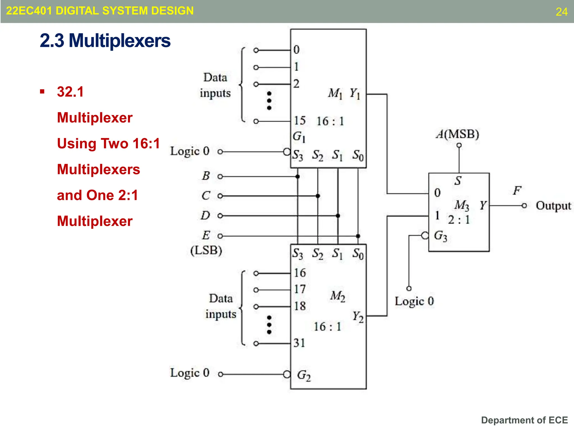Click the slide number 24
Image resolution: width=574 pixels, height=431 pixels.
561,12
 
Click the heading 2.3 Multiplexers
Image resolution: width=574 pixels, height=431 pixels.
105,41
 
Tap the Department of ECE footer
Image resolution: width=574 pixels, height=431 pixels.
524,420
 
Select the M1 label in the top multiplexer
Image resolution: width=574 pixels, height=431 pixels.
335,93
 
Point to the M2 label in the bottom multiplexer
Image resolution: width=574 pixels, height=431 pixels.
337,296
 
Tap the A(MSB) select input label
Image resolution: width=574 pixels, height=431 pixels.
457,134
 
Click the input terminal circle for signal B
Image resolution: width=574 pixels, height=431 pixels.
220,176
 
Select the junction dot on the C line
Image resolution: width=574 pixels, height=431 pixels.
318,196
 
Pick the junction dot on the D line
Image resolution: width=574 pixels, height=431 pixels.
338,216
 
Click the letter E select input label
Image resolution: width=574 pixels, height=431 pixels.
206,235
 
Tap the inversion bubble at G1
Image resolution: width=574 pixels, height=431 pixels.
287,152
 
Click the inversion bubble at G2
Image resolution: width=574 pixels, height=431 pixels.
287,374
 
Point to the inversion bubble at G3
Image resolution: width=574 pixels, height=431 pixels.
425,235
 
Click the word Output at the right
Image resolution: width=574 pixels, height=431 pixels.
553,206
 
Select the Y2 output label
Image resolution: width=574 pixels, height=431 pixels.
358,317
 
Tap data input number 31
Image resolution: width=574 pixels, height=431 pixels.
299,343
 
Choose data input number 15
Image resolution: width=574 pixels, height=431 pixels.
300,121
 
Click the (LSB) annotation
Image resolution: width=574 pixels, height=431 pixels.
206,250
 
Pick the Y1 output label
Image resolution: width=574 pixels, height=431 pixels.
355,93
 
